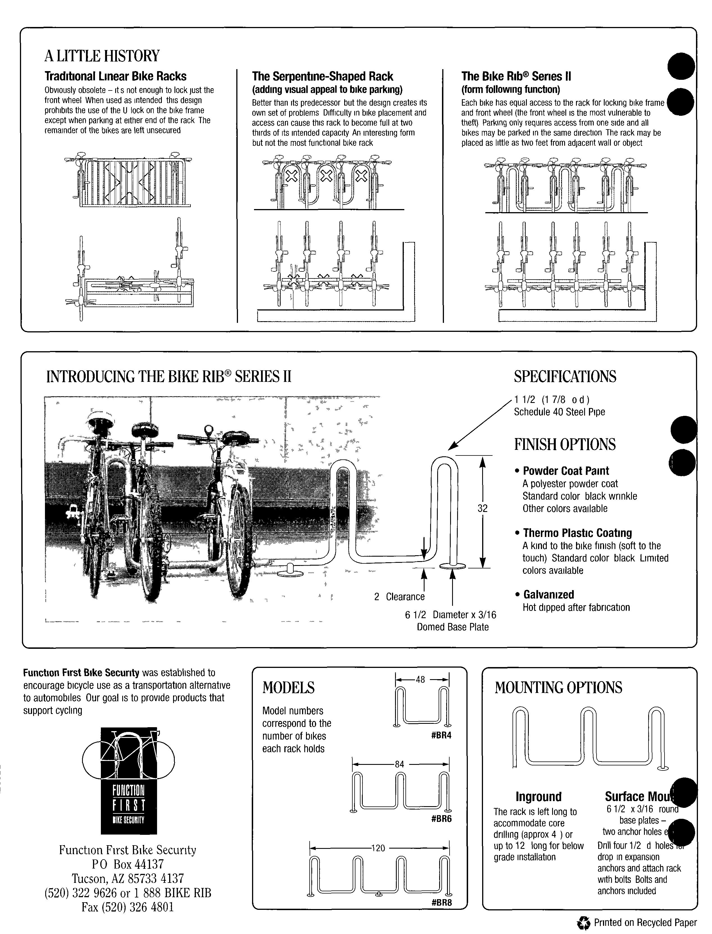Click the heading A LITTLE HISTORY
102,56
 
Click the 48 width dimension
420,680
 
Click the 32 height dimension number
482,508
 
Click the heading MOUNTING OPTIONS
558,687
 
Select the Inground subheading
538,797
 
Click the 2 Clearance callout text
399,597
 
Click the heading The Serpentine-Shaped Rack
323,77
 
